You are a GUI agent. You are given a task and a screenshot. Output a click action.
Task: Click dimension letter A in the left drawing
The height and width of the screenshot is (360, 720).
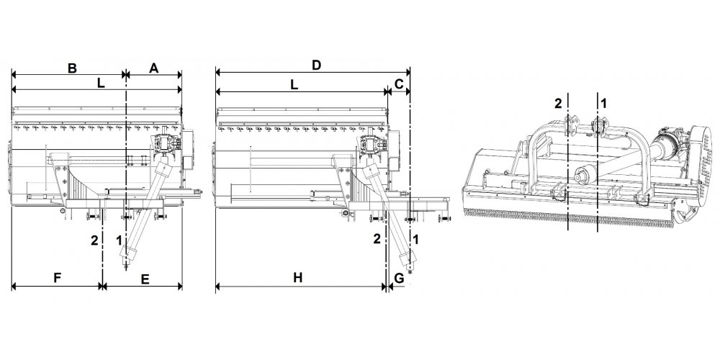pyautogui.click(x=154, y=68)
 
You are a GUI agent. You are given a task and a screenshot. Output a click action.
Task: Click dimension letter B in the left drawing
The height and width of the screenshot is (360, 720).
pyautogui.click(x=72, y=68)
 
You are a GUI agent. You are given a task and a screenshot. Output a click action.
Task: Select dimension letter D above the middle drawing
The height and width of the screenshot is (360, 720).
pyautogui.click(x=316, y=66)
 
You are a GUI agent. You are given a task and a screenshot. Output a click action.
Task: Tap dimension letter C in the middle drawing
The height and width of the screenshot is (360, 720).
pyautogui.click(x=399, y=84)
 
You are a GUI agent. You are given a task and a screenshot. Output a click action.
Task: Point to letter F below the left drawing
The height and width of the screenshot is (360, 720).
pyautogui.click(x=58, y=278)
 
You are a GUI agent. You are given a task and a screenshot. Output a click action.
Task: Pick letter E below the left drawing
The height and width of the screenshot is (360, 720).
pyautogui.click(x=145, y=279)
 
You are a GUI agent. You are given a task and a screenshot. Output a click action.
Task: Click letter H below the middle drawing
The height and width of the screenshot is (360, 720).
pyautogui.click(x=298, y=278)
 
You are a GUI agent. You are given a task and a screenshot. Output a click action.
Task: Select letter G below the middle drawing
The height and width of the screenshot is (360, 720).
pyautogui.click(x=399, y=278)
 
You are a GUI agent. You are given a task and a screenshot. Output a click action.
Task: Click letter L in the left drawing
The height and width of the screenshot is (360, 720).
pyautogui.click(x=101, y=84)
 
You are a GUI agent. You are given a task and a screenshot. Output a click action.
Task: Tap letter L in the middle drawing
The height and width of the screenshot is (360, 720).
pyautogui.click(x=294, y=85)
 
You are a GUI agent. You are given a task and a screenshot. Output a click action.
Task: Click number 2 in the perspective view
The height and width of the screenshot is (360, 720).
pyautogui.click(x=558, y=104)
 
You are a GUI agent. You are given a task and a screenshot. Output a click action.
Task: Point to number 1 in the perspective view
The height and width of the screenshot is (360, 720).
pyautogui.click(x=604, y=104)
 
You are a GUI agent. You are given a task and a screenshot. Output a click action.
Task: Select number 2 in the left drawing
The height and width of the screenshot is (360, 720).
pyautogui.click(x=94, y=240)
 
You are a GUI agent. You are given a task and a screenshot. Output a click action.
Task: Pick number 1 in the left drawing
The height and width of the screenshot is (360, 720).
pyautogui.click(x=119, y=240)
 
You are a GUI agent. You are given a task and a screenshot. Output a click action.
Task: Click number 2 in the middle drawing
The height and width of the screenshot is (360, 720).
pyautogui.click(x=377, y=239)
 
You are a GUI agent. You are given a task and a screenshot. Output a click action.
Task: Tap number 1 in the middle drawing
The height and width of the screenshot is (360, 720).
pyautogui.click(x=416, y=239)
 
